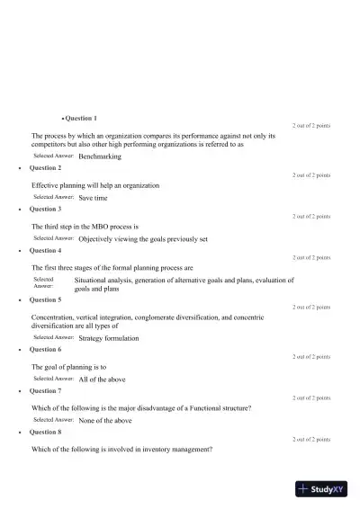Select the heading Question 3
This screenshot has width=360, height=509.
click(x=45, y=209)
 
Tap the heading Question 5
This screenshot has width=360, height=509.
click(x=45, y=299)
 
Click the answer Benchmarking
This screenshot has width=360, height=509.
click(x=100, y=156)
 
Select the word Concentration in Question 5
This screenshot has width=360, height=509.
click(x=55, y=317)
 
